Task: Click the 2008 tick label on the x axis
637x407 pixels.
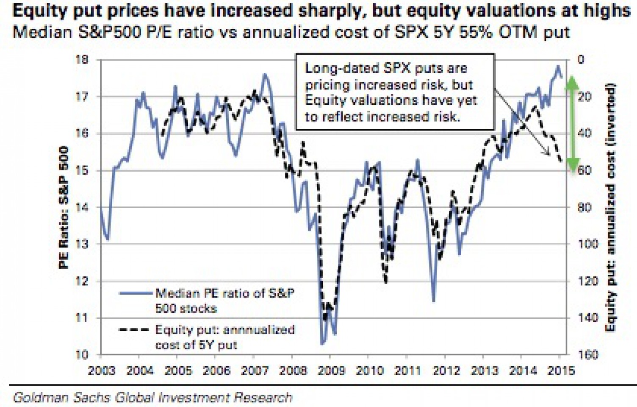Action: click(x=293, y=371)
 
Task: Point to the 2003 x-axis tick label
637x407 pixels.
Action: click(x=102, y=371)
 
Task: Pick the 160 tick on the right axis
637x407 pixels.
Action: click(x=588, y=354)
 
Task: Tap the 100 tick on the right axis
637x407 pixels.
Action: click(x=588, y=244)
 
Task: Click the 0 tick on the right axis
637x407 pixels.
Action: click(x=581, y=59)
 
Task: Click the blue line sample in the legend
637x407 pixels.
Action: click(x=136, y=293)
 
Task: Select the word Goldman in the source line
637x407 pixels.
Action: click(x=39, y=397)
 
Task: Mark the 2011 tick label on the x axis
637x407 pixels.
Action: click(x=407, y=371)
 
